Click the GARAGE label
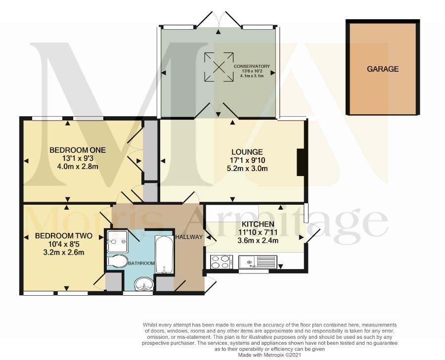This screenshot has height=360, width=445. click(383, 69)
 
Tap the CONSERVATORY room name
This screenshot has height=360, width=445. click(252, 66)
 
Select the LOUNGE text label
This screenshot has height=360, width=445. click(247, 152)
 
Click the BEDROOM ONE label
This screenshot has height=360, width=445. click(78, 150)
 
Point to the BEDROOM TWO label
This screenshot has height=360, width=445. click(64, 236)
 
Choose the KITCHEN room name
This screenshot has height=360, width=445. click(258, 224)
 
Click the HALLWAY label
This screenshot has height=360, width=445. click(189, 237)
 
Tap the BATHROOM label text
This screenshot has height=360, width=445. click(141, 263)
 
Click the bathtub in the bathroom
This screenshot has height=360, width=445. click(164, 254)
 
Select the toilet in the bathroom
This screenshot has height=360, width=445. click(117, 261)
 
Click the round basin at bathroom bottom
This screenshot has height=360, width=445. click(144, 284)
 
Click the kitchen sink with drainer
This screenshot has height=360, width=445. click(258, 262)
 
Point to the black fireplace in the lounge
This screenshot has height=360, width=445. click(301, 162)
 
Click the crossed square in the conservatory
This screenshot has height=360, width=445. click(219, 67)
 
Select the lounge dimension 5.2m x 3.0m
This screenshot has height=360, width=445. click(247, 168)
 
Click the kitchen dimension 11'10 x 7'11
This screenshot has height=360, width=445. click(258, 232)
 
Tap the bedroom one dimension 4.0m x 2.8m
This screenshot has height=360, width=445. click(78, 166)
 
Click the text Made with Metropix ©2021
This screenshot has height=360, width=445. click(269, 355)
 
